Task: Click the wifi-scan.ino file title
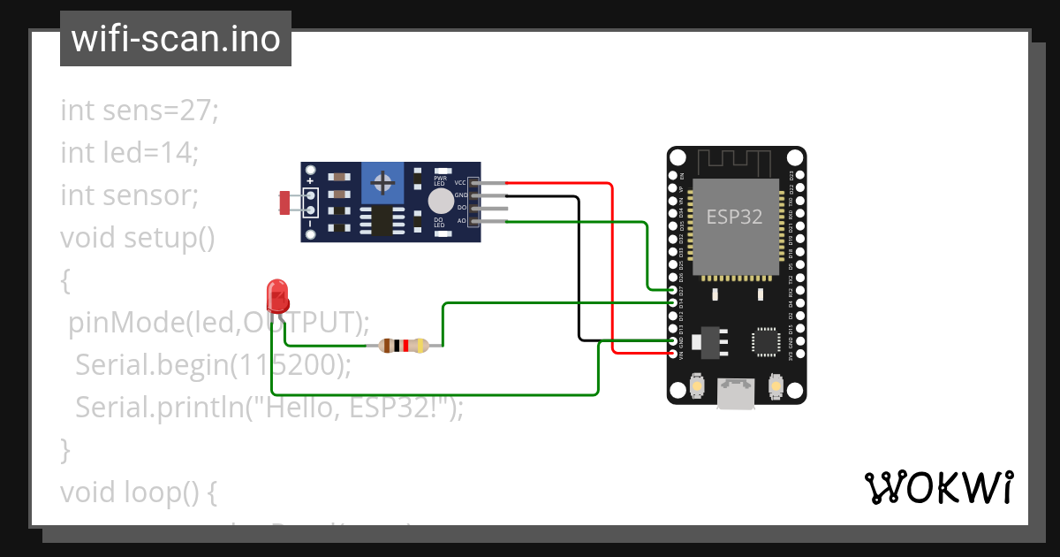(x=175, y=39)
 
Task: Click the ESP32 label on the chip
(x=734, y=217)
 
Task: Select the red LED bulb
(x=277, y=295)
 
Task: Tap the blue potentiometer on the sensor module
(x=382, y=183)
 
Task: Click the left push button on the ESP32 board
(x=697, y=386)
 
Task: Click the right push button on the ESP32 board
(x=776, y=386)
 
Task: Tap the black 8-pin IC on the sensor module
(x=382, y=221)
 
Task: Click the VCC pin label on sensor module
(x=460, y=182)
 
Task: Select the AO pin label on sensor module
(x=461, y=220)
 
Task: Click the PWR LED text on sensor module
(x=439, y=180)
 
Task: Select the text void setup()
(x=138, y=238)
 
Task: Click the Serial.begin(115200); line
(x=213, y=364)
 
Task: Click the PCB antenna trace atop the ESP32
(x=736, y=162)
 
